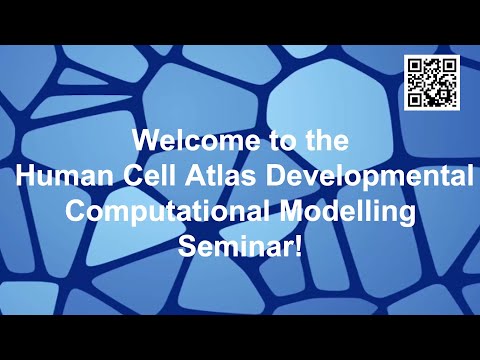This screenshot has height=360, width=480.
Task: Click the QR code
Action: pos(430,83)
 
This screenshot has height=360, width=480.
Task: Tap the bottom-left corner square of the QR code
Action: pos(414,99)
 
